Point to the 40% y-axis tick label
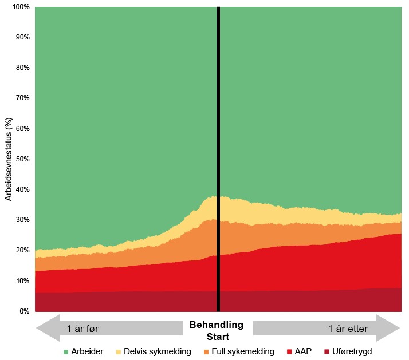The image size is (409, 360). tap(21, 189)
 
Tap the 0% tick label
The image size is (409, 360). tap(23, 311)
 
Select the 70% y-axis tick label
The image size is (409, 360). tap(21, 98)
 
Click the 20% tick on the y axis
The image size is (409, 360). tap(21, 250)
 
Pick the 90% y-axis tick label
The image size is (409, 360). tap(21, 37)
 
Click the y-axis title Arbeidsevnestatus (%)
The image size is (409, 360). tap(9, 160)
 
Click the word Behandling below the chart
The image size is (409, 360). tap(217, 325)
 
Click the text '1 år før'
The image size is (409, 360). tap(83, 329)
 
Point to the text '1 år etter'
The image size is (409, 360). tap(348, 329)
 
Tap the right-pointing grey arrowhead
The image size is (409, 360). tap(390, 329)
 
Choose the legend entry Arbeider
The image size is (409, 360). tap(83, 351)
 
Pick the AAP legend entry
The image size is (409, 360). tap(302, 351)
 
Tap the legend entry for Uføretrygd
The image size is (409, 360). tap(353, 351)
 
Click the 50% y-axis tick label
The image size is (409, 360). tap(21, 159)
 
